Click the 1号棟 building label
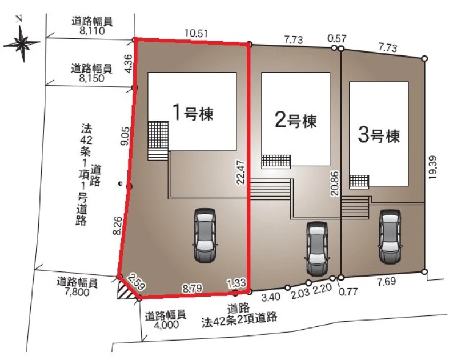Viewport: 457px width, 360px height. click(193, 113)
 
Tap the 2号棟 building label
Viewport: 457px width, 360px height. click(295, 121)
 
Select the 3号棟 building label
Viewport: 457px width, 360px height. click(379, 135)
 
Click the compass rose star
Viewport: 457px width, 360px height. click(22, 44)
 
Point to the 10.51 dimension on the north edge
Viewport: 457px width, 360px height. click(196, 33)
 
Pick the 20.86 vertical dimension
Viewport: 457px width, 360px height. click(335, 183)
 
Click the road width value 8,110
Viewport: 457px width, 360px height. click(92, 31)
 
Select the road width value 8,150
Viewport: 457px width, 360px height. click(92, 78)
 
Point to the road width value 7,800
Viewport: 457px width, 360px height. click(77, 292)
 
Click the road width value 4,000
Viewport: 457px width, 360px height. click(166, 325)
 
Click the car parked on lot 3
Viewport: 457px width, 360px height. click(390, 237)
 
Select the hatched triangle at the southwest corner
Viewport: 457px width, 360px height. click(125, 289)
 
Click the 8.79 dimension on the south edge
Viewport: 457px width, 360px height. click(192, 289)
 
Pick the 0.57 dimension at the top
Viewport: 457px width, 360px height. click(337, 38)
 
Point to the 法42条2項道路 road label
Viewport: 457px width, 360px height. click(239, 318)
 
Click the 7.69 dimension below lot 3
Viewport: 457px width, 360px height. click(386, 281)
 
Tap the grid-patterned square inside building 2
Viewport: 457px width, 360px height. click(276, 162)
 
